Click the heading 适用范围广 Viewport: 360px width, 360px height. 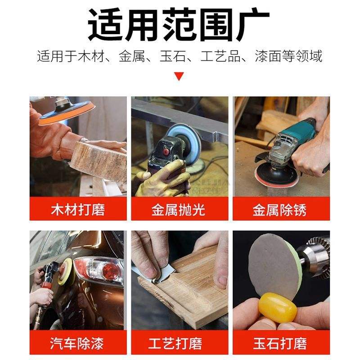(179, 25)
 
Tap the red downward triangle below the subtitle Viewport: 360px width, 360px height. (179, 76)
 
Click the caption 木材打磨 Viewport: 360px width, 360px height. (78, 210)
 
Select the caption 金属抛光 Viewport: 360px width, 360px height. (178, 210)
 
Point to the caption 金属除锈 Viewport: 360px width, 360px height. (279, 210)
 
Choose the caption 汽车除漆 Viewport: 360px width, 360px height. (77, 343)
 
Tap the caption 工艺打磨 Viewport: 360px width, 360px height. (175, 343)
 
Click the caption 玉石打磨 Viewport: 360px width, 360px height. (279, 343)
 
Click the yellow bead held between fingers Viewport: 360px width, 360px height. (278, 307)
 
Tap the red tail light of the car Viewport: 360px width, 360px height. (110, 270)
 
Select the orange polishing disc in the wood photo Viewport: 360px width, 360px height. (66, 114)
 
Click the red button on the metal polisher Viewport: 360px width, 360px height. (166, 151)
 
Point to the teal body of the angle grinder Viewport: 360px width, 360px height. (298, 134)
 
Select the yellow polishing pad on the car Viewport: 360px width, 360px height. (65, 272)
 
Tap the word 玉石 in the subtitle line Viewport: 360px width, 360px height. (173, 56)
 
